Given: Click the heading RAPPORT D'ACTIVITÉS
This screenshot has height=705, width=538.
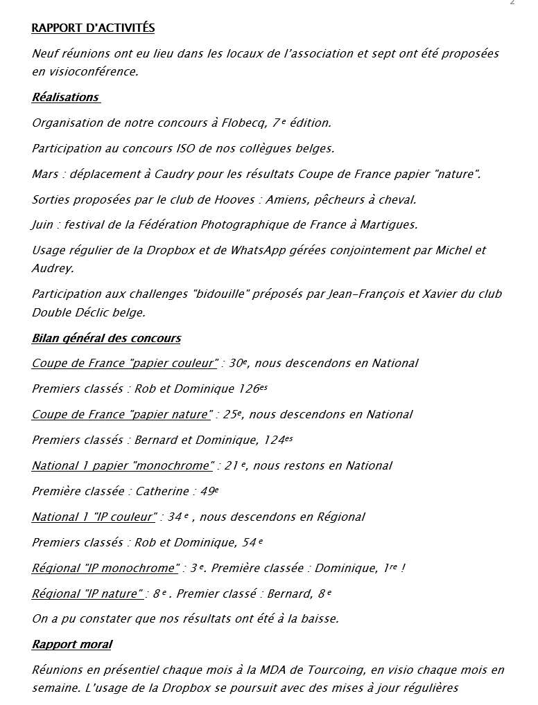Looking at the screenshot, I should [x=93, y=28].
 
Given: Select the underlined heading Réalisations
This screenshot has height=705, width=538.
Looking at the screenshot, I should [x=65, y=98].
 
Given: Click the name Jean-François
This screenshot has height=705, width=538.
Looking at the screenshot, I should [x=367, y=294].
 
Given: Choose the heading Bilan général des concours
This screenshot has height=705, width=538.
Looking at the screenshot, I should [x=106, y=339].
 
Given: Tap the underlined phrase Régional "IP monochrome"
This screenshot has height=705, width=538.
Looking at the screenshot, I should [x=105, y=569].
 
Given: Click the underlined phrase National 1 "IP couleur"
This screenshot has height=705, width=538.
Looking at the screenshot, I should [x=94, y=517].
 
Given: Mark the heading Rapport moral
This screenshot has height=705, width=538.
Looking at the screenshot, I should [x=71, y=645].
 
